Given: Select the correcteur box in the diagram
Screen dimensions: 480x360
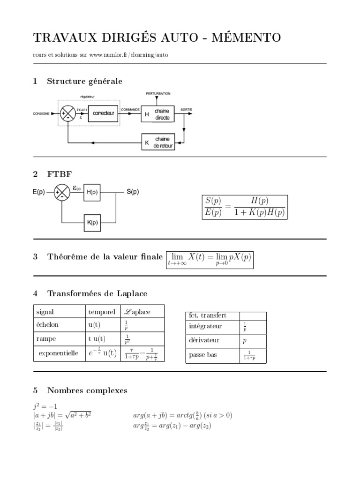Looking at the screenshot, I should tap(104, 113).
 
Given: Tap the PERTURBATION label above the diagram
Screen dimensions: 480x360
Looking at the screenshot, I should tap(158, 94).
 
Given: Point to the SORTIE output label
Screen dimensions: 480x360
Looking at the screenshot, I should tap(186, 110).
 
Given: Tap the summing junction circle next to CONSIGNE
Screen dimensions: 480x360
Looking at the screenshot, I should tap(68, 113).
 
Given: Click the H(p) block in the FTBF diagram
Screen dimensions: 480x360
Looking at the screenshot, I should tap(92, 192).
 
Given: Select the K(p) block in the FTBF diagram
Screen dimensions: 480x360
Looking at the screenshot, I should tap(92, 223).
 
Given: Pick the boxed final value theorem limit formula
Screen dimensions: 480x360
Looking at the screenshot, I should tap(210, 259).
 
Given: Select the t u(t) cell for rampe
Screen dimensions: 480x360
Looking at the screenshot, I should tap(97, 338).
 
